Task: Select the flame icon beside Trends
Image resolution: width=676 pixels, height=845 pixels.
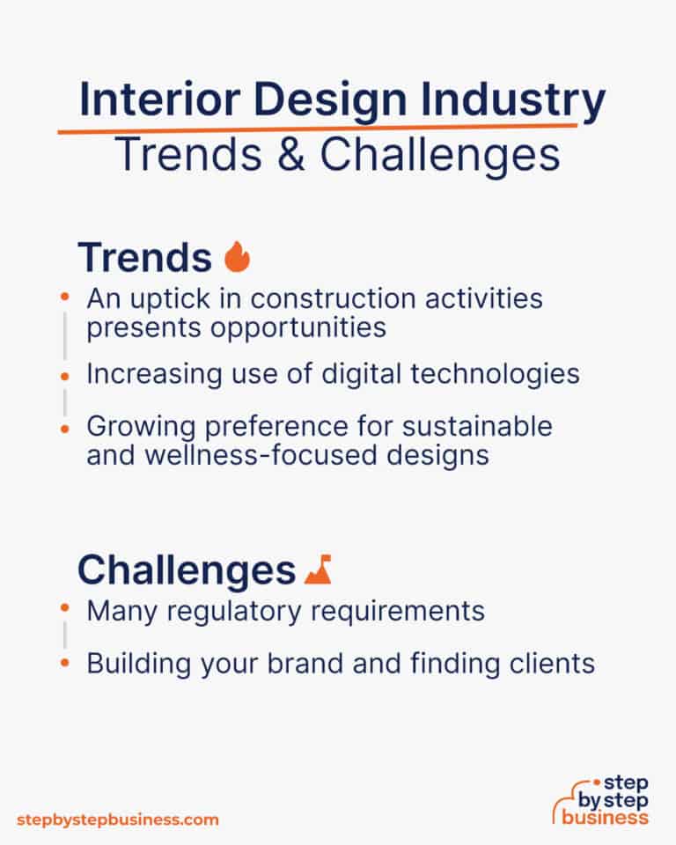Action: [237, 257]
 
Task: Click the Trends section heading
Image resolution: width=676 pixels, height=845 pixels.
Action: [144, 258]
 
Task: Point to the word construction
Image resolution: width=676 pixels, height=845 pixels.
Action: [331, 298]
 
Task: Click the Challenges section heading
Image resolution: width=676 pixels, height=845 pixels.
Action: [186, 570]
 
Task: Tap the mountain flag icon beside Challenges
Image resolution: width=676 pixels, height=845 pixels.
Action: [318, 570]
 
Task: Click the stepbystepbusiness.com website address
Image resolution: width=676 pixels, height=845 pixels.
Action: [116, 819]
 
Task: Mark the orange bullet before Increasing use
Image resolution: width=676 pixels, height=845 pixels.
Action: [65, 375]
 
